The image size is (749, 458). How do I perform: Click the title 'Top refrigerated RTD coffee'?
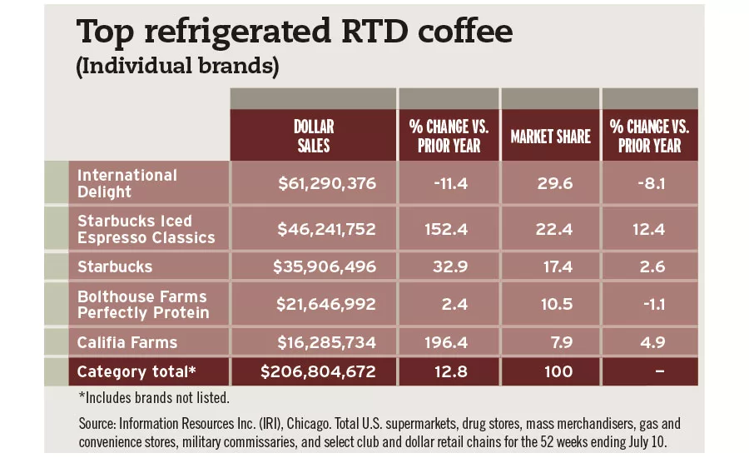(294, 32)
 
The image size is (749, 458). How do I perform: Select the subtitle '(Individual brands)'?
(176, 67)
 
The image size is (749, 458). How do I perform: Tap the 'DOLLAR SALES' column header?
(313, 136)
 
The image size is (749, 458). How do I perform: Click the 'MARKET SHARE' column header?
(550, 136)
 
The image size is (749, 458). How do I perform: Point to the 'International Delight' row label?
(127, 183)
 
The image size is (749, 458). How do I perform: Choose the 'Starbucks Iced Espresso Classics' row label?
(146, 229)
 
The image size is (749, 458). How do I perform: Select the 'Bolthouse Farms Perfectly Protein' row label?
(142, 305)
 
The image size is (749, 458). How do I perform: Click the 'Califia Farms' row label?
(127, 342)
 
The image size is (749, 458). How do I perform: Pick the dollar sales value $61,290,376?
(327, 183)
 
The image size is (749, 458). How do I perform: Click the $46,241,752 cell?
(327, 229)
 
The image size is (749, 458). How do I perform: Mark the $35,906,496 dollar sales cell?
(325, 267)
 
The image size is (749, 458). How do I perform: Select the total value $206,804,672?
(319, 371)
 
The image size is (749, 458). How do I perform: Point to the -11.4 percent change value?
(448, 183)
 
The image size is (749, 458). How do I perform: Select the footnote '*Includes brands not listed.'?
(153, 398)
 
